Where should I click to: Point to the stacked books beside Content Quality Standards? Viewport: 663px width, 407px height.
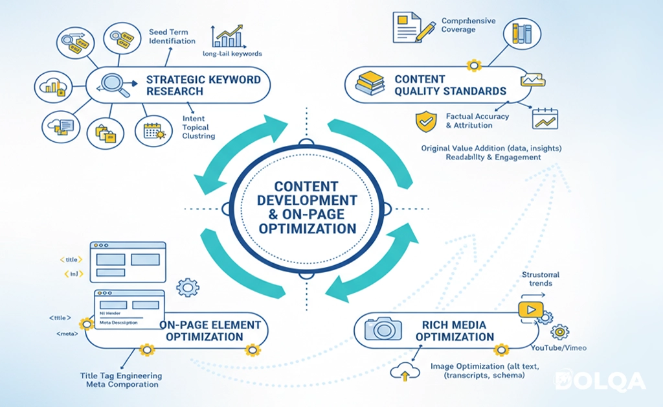click(x=371, y=84)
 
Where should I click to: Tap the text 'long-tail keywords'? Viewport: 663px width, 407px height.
click(x=231, y=54)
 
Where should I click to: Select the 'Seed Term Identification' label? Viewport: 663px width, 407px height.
click(x=172, y=36)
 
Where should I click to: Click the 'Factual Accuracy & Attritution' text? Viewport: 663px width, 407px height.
click(x=477, y=121)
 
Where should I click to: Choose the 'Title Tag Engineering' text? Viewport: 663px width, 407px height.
click(x=121, y=376)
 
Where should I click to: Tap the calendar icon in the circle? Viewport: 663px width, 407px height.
click(x=154, y=131)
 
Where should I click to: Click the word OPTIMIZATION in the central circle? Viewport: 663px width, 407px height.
click(x=307, y=228)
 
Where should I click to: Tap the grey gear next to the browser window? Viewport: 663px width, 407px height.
click(x=188, y=286)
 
